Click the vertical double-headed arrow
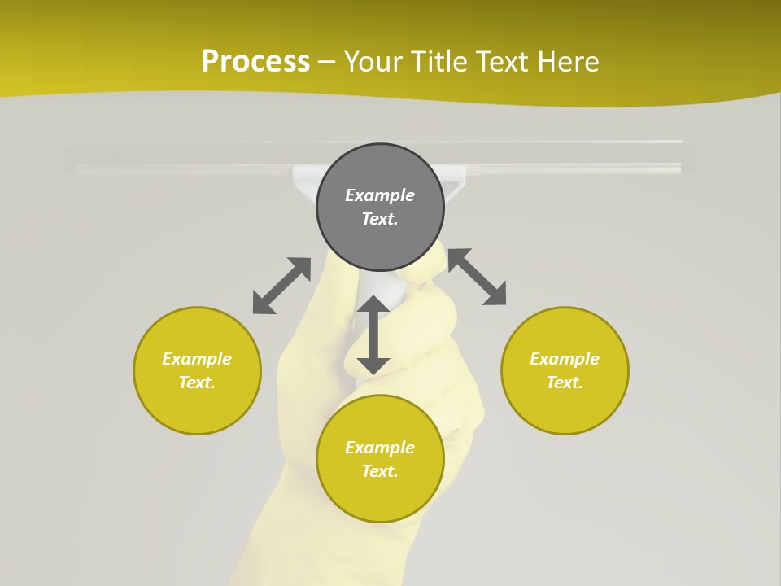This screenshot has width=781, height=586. click(373, 335)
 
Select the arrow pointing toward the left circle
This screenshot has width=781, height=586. click(281, 286)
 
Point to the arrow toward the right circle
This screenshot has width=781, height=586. click(477, 277)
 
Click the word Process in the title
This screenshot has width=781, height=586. click(255, 61)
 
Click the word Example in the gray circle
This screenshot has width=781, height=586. click(380, 195)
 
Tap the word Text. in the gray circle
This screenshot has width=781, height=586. click(380, 219)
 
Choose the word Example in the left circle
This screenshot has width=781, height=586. click(197, 359)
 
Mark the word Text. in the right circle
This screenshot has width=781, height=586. click(565, 383)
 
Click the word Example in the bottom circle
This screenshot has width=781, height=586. click(380, 448)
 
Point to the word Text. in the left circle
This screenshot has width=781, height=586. click(197, 383)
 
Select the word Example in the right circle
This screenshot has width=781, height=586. click(565, 359)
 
